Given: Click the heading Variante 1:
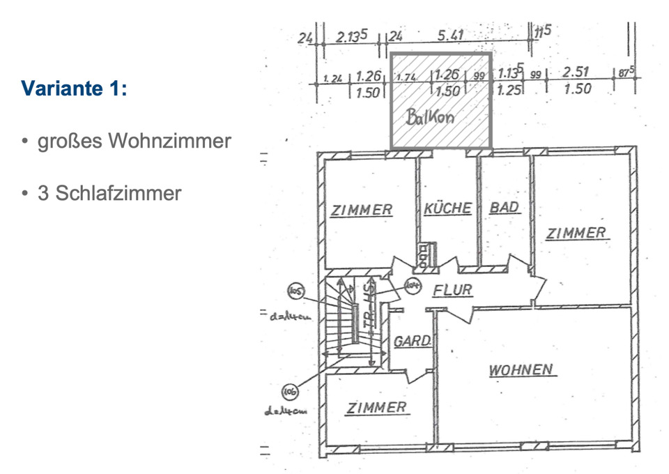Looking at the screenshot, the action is click(74, 89).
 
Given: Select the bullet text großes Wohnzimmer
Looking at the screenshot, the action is click(134, 142).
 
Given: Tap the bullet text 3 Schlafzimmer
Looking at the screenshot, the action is click(109, 193).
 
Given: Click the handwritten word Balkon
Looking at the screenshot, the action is click(429, 117).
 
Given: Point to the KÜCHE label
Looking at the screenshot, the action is click(447, 208).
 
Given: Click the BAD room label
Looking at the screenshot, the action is click(504, 208).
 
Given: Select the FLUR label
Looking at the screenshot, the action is click(452, 290).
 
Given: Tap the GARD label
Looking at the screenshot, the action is click(412, 342).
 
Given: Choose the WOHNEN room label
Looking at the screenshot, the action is click(521, 369).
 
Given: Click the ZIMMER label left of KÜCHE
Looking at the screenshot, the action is click(361, 209).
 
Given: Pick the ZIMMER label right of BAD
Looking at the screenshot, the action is click(576, 234).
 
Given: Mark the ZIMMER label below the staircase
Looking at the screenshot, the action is click(376, 408).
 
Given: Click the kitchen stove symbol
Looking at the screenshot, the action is click(425, 255).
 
